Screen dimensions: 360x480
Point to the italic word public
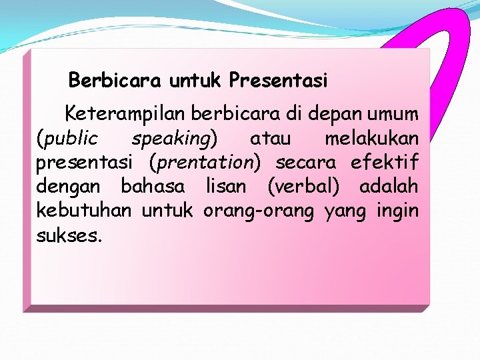coord(68,139)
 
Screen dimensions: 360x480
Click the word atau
coord(270,139)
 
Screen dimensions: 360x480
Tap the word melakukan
coord(371,139)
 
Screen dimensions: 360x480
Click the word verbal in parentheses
coord(303,187)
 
